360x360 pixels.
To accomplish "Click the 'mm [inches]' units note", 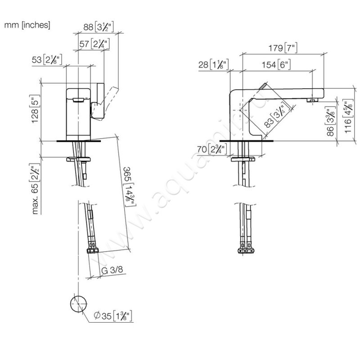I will coord(27,26).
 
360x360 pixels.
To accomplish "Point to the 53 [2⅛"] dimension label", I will coord(46,59).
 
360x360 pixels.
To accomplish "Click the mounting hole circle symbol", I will coord(78,305).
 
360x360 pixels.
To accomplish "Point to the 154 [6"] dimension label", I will coord(276,64).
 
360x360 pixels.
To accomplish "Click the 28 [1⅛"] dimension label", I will coord(213,65).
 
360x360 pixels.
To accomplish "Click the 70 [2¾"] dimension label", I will coord(210,149).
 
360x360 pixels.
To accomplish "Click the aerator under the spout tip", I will coord(311,99).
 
